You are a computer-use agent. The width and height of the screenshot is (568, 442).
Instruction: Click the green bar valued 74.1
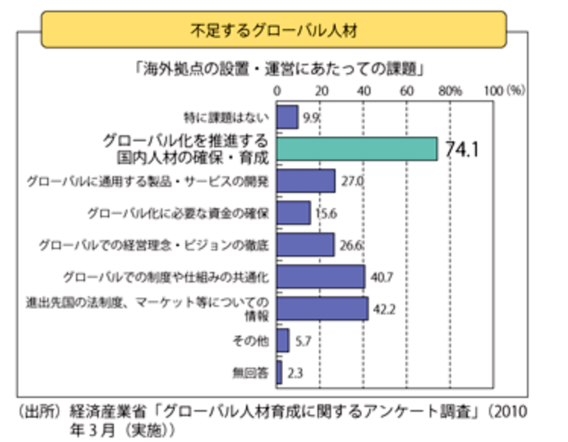coord(356,149)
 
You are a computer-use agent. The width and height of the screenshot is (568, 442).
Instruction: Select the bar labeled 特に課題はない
coord(287,118)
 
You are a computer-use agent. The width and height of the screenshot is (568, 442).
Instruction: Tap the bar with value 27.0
coord(305,181)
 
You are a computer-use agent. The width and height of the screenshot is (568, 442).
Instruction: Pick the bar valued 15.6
coord(293,213)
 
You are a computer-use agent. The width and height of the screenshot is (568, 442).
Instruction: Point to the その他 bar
coord(282,341)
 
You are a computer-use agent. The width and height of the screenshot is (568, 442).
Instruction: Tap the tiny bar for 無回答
coord(279,373)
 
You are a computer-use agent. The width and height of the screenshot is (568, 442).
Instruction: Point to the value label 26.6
coord(351,245)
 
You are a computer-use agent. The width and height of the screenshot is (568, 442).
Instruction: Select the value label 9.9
coord(310,118)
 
